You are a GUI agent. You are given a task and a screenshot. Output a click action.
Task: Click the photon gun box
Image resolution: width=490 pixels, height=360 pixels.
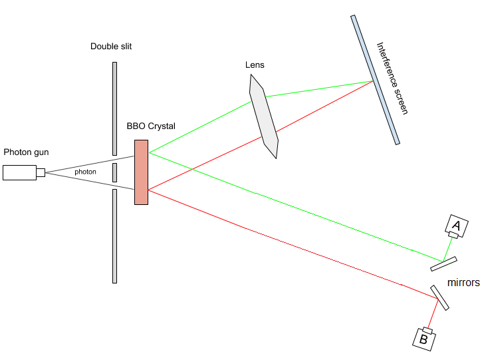[x=19, y=172]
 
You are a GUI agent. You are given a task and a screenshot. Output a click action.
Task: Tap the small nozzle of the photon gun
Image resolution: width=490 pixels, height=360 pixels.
[x=41, y=172]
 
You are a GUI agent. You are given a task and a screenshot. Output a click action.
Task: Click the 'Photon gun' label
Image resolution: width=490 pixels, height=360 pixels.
[x=26, y=152]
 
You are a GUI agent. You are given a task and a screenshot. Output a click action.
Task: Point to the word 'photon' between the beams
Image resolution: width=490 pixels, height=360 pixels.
[x=85, y=172]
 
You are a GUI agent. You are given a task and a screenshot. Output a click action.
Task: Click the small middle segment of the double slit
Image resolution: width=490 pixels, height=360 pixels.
[x=114, y=172]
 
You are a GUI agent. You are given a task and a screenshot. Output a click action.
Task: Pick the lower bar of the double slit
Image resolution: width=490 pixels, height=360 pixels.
[x=114, y=236]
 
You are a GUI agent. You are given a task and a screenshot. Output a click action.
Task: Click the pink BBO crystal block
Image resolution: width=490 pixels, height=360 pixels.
[x=141, y=172]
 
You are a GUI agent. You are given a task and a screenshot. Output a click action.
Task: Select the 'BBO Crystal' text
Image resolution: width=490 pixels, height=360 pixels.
[x=151, y=126]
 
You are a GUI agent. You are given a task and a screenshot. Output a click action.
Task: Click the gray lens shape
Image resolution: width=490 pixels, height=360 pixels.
[x=263, y=116]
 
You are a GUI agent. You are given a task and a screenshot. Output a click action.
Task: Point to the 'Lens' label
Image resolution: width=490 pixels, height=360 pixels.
[x=254, y=65]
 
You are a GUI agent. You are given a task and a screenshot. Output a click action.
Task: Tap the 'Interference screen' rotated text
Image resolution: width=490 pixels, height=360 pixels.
[x=392, y=79]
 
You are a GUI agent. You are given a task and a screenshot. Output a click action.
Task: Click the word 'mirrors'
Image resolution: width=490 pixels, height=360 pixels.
[x=463, y=282]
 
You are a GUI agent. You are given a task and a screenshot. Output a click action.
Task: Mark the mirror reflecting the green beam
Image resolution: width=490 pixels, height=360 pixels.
[x=443, y=264]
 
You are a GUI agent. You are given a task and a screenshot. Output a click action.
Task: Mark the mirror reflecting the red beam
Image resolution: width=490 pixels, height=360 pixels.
[x=439, y=297]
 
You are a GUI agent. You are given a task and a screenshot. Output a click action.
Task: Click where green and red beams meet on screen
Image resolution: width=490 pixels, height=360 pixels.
[x=371, y=81]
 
